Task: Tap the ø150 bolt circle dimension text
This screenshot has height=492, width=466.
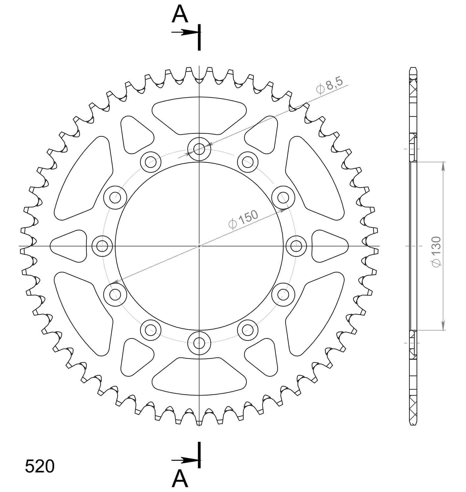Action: click(243, 220)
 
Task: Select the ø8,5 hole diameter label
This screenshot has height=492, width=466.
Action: click(329, 85)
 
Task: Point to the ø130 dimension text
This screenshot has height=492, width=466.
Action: click(436, 251)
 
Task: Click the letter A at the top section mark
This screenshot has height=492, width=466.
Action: click(180, 14)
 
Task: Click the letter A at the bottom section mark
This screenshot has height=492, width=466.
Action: click(180, 478)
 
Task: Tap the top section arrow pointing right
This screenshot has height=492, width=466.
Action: click(185, 32)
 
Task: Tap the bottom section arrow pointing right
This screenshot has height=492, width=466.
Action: click(185, 460)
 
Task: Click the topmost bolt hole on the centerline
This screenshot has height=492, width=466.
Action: click(199, 149)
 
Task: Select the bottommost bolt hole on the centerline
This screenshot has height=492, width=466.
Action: click(199, 343)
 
